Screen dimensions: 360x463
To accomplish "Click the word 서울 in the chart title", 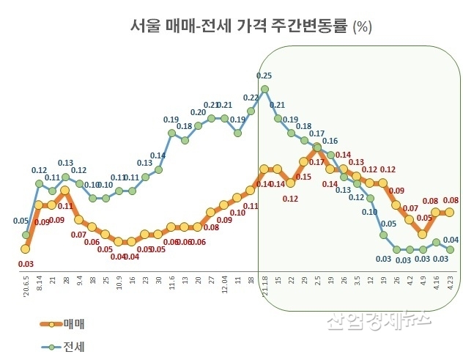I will click(x=144, y=27).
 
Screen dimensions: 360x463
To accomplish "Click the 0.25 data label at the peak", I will click(x=264, y=76).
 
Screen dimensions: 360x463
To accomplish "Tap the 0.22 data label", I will click(x=250, y=98).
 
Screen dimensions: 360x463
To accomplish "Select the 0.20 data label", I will click(x=198, y=112).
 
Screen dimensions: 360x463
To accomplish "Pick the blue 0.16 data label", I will click(x=330, y=141).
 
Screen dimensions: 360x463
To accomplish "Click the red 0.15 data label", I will click(x=303, y=177).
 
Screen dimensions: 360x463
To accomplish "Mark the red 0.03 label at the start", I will click(x=25, y=264).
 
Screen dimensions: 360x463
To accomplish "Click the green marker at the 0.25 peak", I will click(x=264, y=89).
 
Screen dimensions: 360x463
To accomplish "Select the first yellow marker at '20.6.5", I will click(x=25, y=250).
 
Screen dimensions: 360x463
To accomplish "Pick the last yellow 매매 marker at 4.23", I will click(x=449, y=213).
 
